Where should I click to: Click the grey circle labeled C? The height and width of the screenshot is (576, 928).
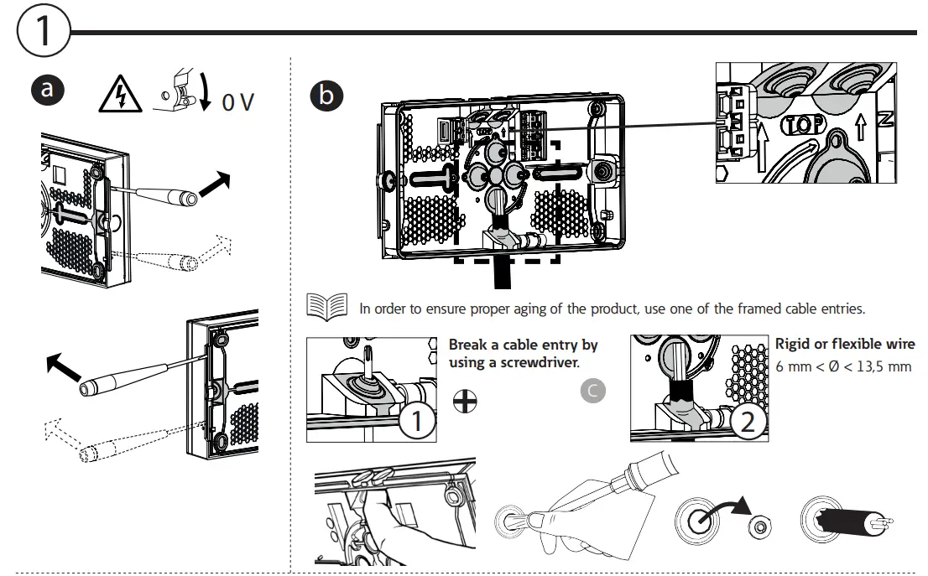point(593,391)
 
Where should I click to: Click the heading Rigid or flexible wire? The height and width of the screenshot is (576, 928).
point(845,345)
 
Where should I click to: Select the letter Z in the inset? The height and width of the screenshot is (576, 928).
point(886,121)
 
